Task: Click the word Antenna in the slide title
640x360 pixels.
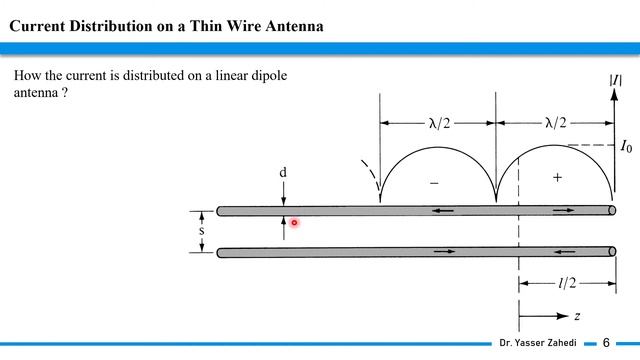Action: click(294, 26)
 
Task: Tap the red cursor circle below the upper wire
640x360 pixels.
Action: click(294, 222)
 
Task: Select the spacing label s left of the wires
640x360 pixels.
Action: click(201, 231)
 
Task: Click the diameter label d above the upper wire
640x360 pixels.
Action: click(283, 172)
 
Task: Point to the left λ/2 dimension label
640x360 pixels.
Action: click(439, 123)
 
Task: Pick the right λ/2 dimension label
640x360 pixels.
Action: click(556, 122)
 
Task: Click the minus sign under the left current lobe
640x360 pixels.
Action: click(434, 183)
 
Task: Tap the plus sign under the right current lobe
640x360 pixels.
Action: click(557, 177)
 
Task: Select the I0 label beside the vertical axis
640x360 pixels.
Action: click(626, 146)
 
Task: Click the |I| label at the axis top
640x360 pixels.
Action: click(616, 80)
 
